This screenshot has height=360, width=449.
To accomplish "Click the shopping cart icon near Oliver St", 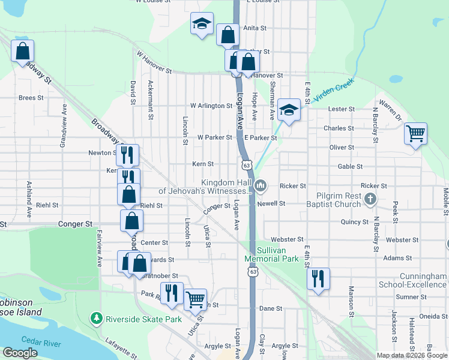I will (415, 134).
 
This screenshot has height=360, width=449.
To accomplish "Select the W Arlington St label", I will (211, 106).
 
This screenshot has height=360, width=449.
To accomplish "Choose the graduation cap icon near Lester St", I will (289, 109).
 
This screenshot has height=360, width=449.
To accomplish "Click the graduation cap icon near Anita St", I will (202, 23).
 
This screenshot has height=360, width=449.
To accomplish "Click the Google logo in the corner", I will (20, 353).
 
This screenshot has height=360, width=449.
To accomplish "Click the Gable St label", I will (350, 167).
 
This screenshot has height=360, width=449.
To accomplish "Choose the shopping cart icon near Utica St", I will (196, 299).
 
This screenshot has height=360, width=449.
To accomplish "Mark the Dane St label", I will (271, 308).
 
